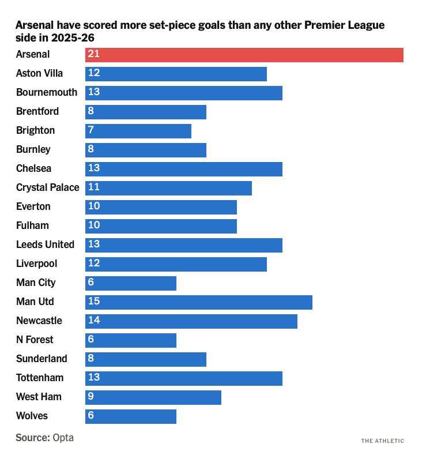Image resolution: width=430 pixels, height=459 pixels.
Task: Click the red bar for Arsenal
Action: tap(244, 55)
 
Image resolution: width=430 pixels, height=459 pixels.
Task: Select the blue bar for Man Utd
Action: tap(199, 302)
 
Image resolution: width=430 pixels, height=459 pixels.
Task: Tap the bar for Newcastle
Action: tap(191, 321)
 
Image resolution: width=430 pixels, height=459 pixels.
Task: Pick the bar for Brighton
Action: tap(138, 131)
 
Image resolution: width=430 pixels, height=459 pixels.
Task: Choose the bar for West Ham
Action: tap(153, 397)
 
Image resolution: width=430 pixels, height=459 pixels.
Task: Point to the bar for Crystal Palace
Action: tap(168, 188)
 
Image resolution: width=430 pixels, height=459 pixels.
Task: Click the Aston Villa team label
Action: tap(39, 74)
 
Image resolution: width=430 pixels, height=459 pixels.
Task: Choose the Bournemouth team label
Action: tap(47, 93)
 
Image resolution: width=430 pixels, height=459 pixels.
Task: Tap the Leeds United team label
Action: tap(45, 245)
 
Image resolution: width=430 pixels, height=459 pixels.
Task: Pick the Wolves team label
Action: tap(32, 416)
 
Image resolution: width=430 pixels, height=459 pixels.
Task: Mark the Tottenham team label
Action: tap(40, 378)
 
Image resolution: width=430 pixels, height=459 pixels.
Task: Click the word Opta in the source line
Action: tap(63, 438)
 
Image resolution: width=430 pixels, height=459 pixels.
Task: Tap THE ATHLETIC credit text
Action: tap(383, 441)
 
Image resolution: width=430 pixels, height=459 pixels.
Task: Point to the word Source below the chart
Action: tap(32, 438)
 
